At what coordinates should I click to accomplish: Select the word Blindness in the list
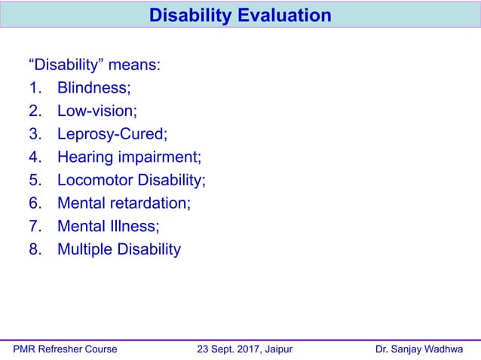coord(93,88)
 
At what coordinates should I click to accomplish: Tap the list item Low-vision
coord(97,111)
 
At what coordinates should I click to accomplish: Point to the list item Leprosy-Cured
coord(112,134)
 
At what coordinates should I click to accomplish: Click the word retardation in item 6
coord(151,203)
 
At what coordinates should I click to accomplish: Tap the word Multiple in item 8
coord(84,249)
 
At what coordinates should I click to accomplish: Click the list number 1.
coord(35,88)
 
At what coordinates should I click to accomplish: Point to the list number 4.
coord(35,157)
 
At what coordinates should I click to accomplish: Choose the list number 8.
coord(35,249)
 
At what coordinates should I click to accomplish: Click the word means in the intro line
coord(132,65)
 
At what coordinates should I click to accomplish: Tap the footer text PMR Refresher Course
coord(66,349)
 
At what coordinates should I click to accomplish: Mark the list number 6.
coord(35,203)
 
